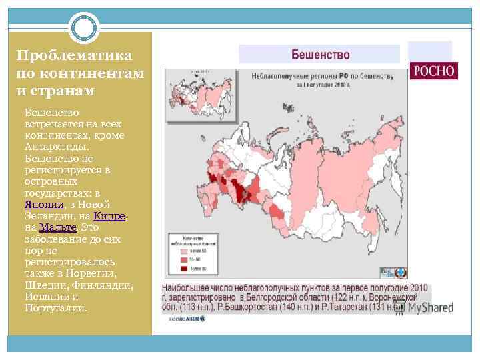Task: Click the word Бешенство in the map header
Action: (319, 55)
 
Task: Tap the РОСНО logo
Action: (434, 71)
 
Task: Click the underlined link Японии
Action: (44, 205)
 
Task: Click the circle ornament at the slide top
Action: (85, 28)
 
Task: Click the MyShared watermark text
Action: (430, 307)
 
